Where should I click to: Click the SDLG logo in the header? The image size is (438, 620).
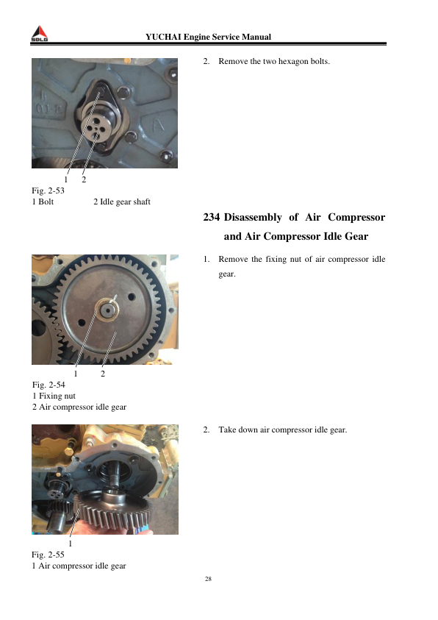(x=39, y=34)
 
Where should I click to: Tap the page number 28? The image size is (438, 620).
(x=208, y=579)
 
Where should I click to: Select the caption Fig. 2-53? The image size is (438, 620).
(x=48, y=190)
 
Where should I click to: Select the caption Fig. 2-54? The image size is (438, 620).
(x=49, y=385)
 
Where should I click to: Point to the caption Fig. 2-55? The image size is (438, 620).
(x=48, y=555)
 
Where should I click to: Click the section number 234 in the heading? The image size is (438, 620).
(x=212, y=218)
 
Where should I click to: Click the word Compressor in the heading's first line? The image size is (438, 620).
(x=356, y=218)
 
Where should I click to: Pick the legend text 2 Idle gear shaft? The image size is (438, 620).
(x=122, y=202)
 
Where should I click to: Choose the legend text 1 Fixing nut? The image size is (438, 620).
(x=54, y=396)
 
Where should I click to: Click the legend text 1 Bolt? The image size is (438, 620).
(x=43, y=202)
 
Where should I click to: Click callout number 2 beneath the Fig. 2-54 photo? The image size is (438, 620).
(x=103, y=374)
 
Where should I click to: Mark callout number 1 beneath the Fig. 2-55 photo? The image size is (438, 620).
(x=71, y=544)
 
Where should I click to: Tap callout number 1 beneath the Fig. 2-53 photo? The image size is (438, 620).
(x=66, y=179)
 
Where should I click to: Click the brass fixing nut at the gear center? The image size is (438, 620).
(x=107, y=310)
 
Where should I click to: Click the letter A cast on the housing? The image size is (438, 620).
(x=158, y=125)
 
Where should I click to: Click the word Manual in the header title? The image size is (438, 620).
(x=256, y=38)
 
